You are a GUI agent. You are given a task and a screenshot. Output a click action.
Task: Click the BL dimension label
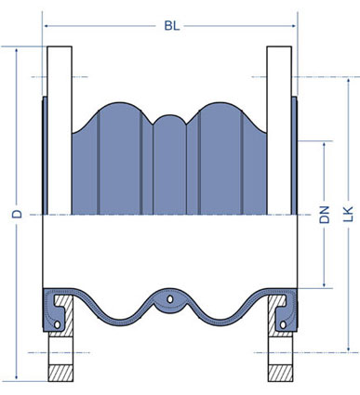[172, 26]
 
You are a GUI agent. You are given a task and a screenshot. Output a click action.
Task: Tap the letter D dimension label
[18, 214]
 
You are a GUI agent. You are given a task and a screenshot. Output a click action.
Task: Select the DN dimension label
[325, 215]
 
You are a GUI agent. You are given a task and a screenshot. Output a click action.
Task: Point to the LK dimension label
[348, 214]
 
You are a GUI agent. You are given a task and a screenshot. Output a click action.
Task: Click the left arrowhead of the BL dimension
[47, 26]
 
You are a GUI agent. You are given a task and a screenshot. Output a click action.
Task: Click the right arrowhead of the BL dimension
[293, 26]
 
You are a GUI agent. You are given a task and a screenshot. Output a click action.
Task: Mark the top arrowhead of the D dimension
[17, 50]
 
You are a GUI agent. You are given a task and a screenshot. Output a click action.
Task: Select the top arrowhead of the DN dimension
[325, 144]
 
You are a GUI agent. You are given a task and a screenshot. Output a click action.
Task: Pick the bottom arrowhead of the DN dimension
[325, 284]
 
